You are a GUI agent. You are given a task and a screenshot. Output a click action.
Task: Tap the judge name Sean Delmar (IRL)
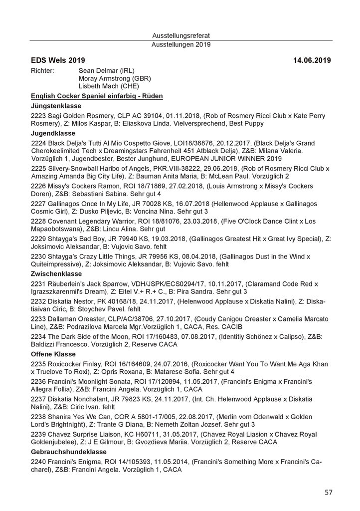[x=107, y=70]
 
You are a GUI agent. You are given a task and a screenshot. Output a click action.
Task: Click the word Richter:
[x=42, y=70]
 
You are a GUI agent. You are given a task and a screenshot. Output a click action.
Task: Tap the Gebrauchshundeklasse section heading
[x=68, y=451]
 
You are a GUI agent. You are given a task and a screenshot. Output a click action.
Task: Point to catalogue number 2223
[x=38, y=115]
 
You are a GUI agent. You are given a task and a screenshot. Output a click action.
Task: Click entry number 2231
[x=38, y=283]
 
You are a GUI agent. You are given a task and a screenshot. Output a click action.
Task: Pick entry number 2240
[x=38, y=461]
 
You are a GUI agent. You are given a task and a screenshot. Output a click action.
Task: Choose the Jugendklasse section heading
[x=52, y=133]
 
